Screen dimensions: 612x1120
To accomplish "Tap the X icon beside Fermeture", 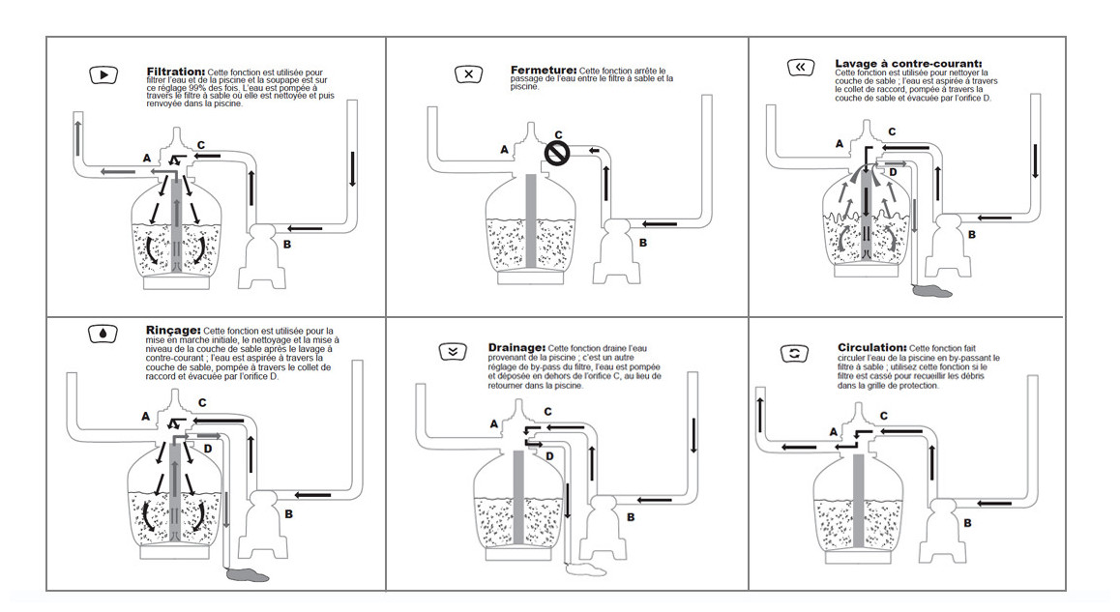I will [468, 74].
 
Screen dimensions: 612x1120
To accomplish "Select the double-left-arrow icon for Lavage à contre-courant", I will [800, 68].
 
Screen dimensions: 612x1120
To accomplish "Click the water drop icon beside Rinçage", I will [101, 334].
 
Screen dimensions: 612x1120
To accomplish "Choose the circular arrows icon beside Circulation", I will [794, 354].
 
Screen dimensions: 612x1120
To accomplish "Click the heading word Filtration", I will [175, 72].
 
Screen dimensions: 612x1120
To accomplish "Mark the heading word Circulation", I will [871, 347].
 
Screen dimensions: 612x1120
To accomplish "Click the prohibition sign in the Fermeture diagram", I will [556, 152].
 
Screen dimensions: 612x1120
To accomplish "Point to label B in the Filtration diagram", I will [286, 244].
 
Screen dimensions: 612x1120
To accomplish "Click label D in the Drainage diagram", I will [549, 454].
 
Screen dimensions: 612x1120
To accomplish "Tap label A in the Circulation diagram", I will [833, 432].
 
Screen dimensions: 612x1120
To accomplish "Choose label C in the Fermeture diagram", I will [558, 134].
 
